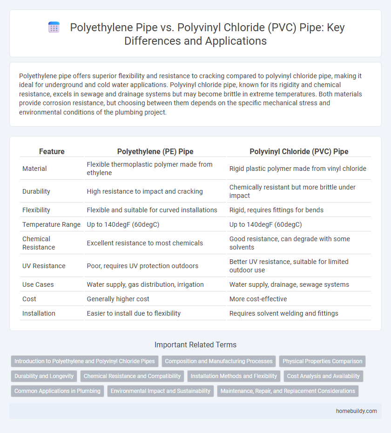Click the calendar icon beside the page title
[54, 27]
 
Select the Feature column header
[52, 151]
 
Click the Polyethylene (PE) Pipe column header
[155, 151]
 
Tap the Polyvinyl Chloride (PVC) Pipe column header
[298, 151]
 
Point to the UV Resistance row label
[44, 266]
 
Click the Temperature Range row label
[51, 224]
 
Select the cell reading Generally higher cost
[116, 299]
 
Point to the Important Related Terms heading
[195, 345]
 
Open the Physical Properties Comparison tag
[322, 361]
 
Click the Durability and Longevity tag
[44, 376]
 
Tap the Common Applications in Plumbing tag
[57, 391]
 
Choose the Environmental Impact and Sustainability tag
[160, 391]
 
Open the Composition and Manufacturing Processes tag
[219, 361]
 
